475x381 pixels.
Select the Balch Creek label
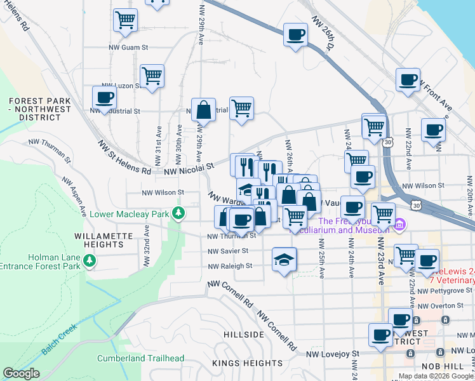coord(59,340)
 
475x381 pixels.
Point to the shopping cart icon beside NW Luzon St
coord(152,77)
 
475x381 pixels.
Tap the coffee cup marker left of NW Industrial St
coord(104,98)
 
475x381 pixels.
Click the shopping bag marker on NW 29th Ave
coord(203,110)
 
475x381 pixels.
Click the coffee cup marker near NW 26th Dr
coord(295,34)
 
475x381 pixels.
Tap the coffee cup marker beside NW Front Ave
coord(408,80)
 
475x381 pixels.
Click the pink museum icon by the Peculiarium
coord(399,224)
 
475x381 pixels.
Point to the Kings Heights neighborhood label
coord(247,363)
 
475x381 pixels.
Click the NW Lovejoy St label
coord(333,353)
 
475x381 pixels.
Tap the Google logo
coord(21,374)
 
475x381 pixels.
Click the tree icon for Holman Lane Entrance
coord(90,260)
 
